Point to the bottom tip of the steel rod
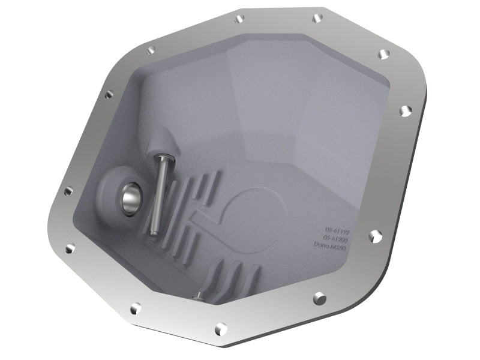point(153,232)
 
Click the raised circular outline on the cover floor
point(252,210)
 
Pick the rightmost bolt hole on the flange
point(406,110)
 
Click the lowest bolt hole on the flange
point(221,328)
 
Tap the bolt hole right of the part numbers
point(375,236)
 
